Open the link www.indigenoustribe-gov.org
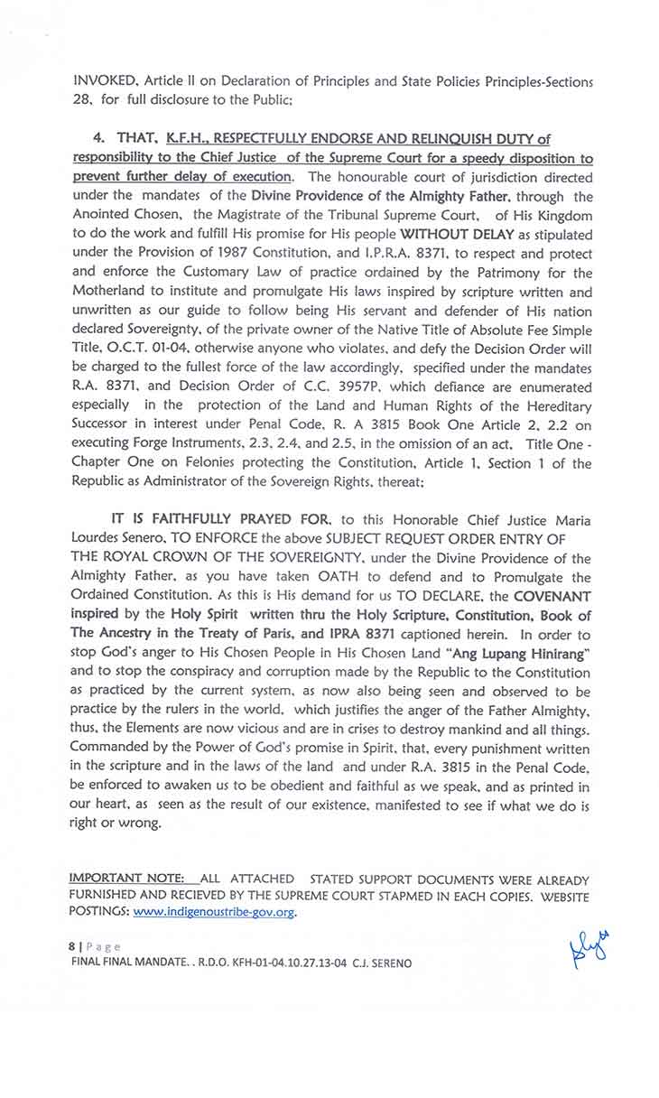215,912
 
